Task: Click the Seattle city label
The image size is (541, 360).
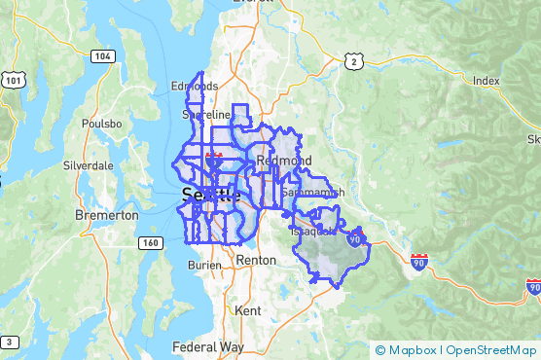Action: click(210, 196)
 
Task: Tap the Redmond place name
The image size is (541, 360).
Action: click(284, 160)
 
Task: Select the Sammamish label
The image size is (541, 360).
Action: click(312, 194)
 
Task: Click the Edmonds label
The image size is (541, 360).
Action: click(195, 86)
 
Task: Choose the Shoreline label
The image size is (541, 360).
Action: click(205, 115)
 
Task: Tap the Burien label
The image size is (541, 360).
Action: click(204, 264)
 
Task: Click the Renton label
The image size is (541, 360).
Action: click(256, 261)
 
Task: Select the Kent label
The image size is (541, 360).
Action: click(247, 311)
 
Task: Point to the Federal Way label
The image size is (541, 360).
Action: click(208, 346)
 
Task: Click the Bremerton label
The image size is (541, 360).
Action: click(106, 213)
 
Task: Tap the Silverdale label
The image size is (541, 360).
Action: click(89, 165)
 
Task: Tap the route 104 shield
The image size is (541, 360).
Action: click(103, 57)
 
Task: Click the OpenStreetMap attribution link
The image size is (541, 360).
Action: click(489, 349)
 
